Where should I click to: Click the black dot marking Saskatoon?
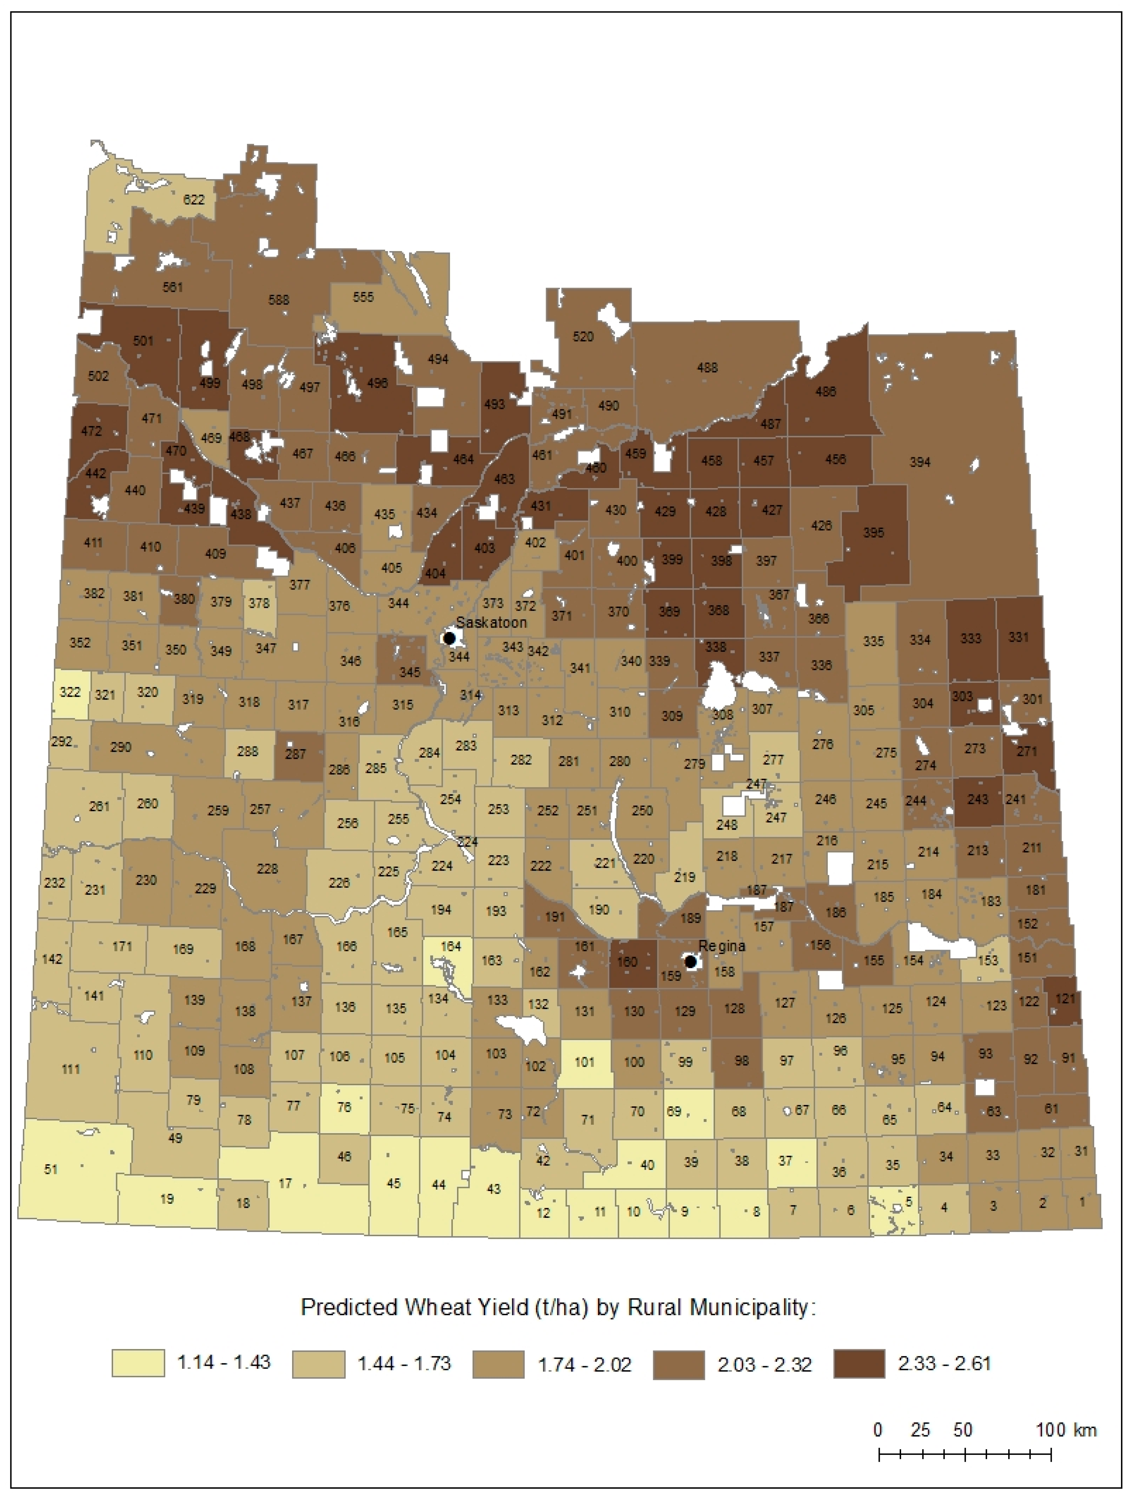point(449,638)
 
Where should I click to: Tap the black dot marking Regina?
point(690,962)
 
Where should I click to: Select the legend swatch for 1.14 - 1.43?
point(138,1363)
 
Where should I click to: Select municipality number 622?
point(194,200)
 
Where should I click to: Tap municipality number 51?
point(51,1169)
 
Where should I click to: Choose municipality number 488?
point(707,368)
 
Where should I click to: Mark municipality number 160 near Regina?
point(627,962)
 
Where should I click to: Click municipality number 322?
point(70,692)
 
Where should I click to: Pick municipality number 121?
point(1065,998)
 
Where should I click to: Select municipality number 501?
point(143,340)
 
